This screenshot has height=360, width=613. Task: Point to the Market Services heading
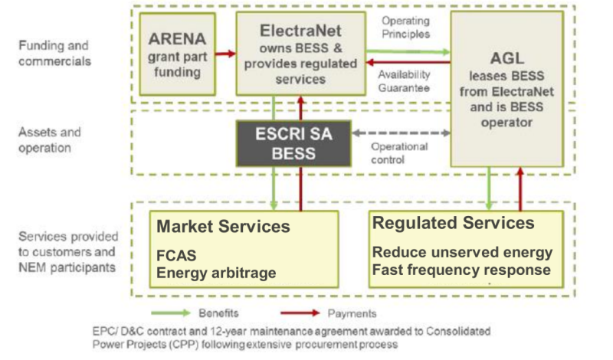pyautogui.click(x=223, y=226)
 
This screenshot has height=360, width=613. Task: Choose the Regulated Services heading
pyautogui.click(x=453, y=223)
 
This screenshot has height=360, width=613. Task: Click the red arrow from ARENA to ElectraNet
pyautogui.click(x=225, y=54)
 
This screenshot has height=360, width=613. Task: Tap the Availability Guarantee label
pyautogui.click(x=405, y=81)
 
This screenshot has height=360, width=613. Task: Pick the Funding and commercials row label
pyautogui.click(x=54, y=53)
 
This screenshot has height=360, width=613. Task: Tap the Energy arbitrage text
pyautogui.click(x=216, y=273)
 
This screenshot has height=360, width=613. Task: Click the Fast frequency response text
pyautogui.click(x=461, y=270)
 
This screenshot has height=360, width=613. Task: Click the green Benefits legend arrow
pyautogui.click(x=172, y=313)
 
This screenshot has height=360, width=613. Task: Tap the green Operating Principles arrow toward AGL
pyautogui.click(x=406, y=51)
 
